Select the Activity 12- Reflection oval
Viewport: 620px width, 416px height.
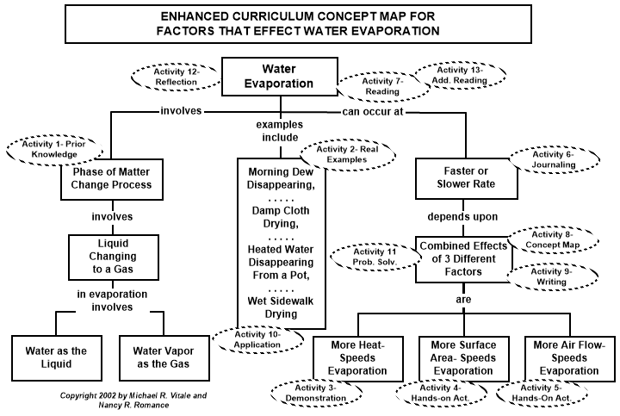177,76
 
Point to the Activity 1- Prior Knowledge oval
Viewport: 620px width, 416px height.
50,148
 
